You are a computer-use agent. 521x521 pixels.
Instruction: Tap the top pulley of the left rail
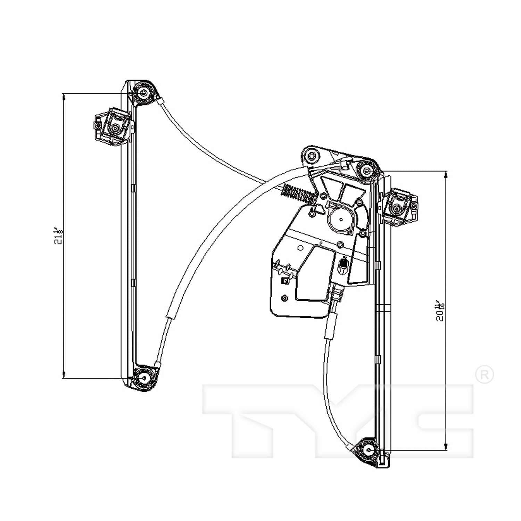(143, 93)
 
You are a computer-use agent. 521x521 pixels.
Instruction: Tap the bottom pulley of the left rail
(143, 379)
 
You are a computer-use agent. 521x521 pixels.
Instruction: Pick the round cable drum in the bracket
(341, 219)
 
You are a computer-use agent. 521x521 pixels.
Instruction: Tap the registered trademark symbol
(484, 374)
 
